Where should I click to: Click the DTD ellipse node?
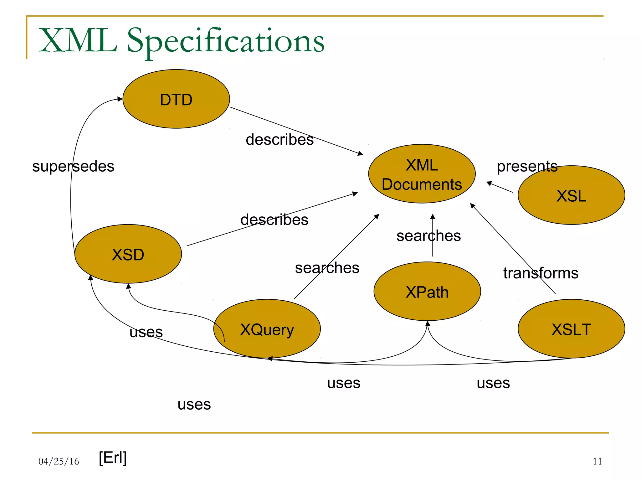coord(176,99)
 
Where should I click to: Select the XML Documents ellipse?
coord(422,174)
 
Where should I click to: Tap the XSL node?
coord(571,195)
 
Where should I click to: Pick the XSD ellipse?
coord(128,254)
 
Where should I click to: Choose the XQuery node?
coord(267,329)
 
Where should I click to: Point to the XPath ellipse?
coord(427,291)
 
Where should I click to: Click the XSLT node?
coord(571,329)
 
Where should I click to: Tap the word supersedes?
coord(73,166)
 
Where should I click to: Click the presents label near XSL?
coord(527,166)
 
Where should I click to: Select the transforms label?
coord(541,273)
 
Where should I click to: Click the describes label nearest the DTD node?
coord(279,139)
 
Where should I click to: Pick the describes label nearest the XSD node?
coord(274,220)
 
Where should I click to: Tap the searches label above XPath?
coord(428,236)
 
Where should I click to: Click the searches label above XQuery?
coord(327,268)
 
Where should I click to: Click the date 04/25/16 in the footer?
coord(59,461)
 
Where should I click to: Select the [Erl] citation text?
coord(113,458)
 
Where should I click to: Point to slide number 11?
coord(597,461)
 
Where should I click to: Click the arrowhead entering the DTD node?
coord(120,99)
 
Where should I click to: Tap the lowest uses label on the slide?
coord(194,404)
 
